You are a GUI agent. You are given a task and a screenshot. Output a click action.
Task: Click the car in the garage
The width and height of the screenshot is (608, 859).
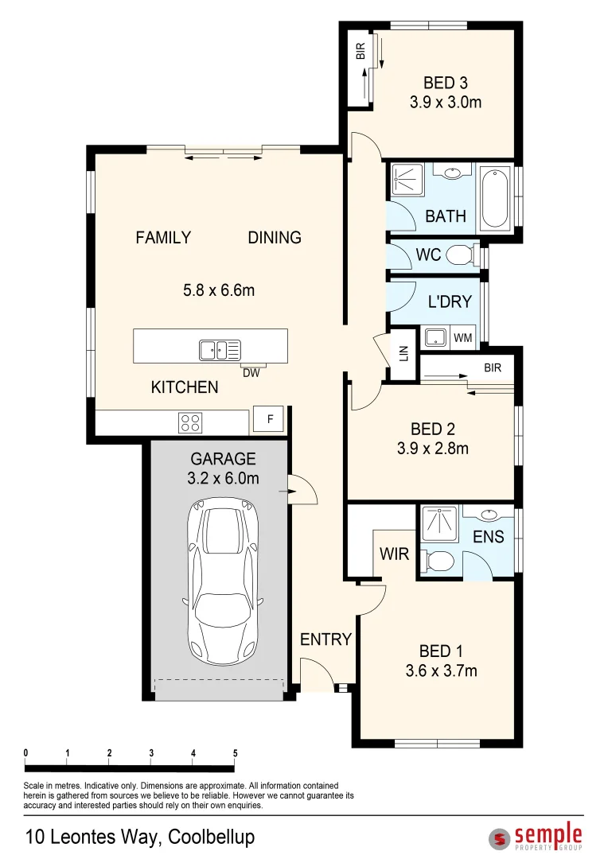222,581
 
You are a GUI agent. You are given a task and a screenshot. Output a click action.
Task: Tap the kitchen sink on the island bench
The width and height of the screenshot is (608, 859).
220,350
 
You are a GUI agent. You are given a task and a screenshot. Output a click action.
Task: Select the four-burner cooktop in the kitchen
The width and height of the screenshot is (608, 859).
190,422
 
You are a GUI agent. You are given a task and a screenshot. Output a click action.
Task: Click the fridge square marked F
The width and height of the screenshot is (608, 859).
269,420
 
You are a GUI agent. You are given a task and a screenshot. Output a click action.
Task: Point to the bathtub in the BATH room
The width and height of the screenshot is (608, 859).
495,198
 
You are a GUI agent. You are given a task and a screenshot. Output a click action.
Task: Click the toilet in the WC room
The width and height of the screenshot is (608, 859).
460,255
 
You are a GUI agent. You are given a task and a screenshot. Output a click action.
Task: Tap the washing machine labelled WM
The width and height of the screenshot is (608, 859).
462,337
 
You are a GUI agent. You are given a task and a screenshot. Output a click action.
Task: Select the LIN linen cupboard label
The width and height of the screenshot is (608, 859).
404,353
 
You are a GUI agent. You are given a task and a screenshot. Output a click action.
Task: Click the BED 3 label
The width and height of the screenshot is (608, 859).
445,83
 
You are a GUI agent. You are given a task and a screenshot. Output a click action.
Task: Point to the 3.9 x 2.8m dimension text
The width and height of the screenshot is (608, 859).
433,448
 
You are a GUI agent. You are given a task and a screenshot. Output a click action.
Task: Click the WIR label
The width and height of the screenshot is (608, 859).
394,554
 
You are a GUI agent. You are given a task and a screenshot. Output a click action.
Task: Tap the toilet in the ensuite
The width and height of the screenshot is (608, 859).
439,561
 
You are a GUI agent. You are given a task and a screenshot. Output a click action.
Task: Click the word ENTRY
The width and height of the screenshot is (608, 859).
325,639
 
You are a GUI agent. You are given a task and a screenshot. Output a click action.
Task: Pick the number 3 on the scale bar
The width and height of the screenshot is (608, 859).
151,753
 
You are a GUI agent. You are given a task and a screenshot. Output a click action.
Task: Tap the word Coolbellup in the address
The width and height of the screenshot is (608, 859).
211,838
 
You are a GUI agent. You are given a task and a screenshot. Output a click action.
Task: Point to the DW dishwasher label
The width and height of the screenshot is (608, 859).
251,373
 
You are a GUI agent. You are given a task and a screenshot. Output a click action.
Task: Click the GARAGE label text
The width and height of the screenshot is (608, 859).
223,459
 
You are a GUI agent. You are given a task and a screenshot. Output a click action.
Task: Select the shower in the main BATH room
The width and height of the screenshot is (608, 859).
407,180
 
